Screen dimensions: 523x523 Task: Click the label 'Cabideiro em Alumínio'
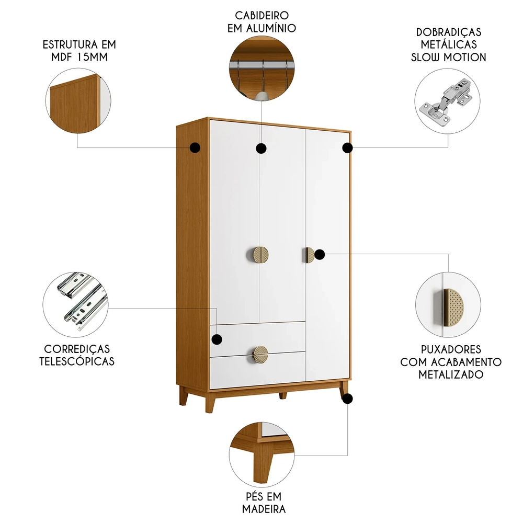click(261, 21)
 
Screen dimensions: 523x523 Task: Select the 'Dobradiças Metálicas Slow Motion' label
click(449, 44)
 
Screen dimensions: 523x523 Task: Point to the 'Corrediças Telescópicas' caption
click(77, 355)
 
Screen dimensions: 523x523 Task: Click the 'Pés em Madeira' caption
click(264, 502)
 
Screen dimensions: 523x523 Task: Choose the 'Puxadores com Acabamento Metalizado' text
click(451, 361)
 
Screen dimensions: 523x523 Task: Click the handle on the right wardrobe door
click(309, 255)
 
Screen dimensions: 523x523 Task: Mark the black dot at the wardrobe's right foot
click(347, 399)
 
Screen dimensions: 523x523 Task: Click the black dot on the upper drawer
click(216, 339)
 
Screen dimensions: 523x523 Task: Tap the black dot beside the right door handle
click(320, 255)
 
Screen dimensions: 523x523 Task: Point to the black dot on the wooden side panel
click(195, 148)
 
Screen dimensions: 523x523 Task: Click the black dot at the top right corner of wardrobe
click(347, 148)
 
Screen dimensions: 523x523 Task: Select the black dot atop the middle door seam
click(261, 149)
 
